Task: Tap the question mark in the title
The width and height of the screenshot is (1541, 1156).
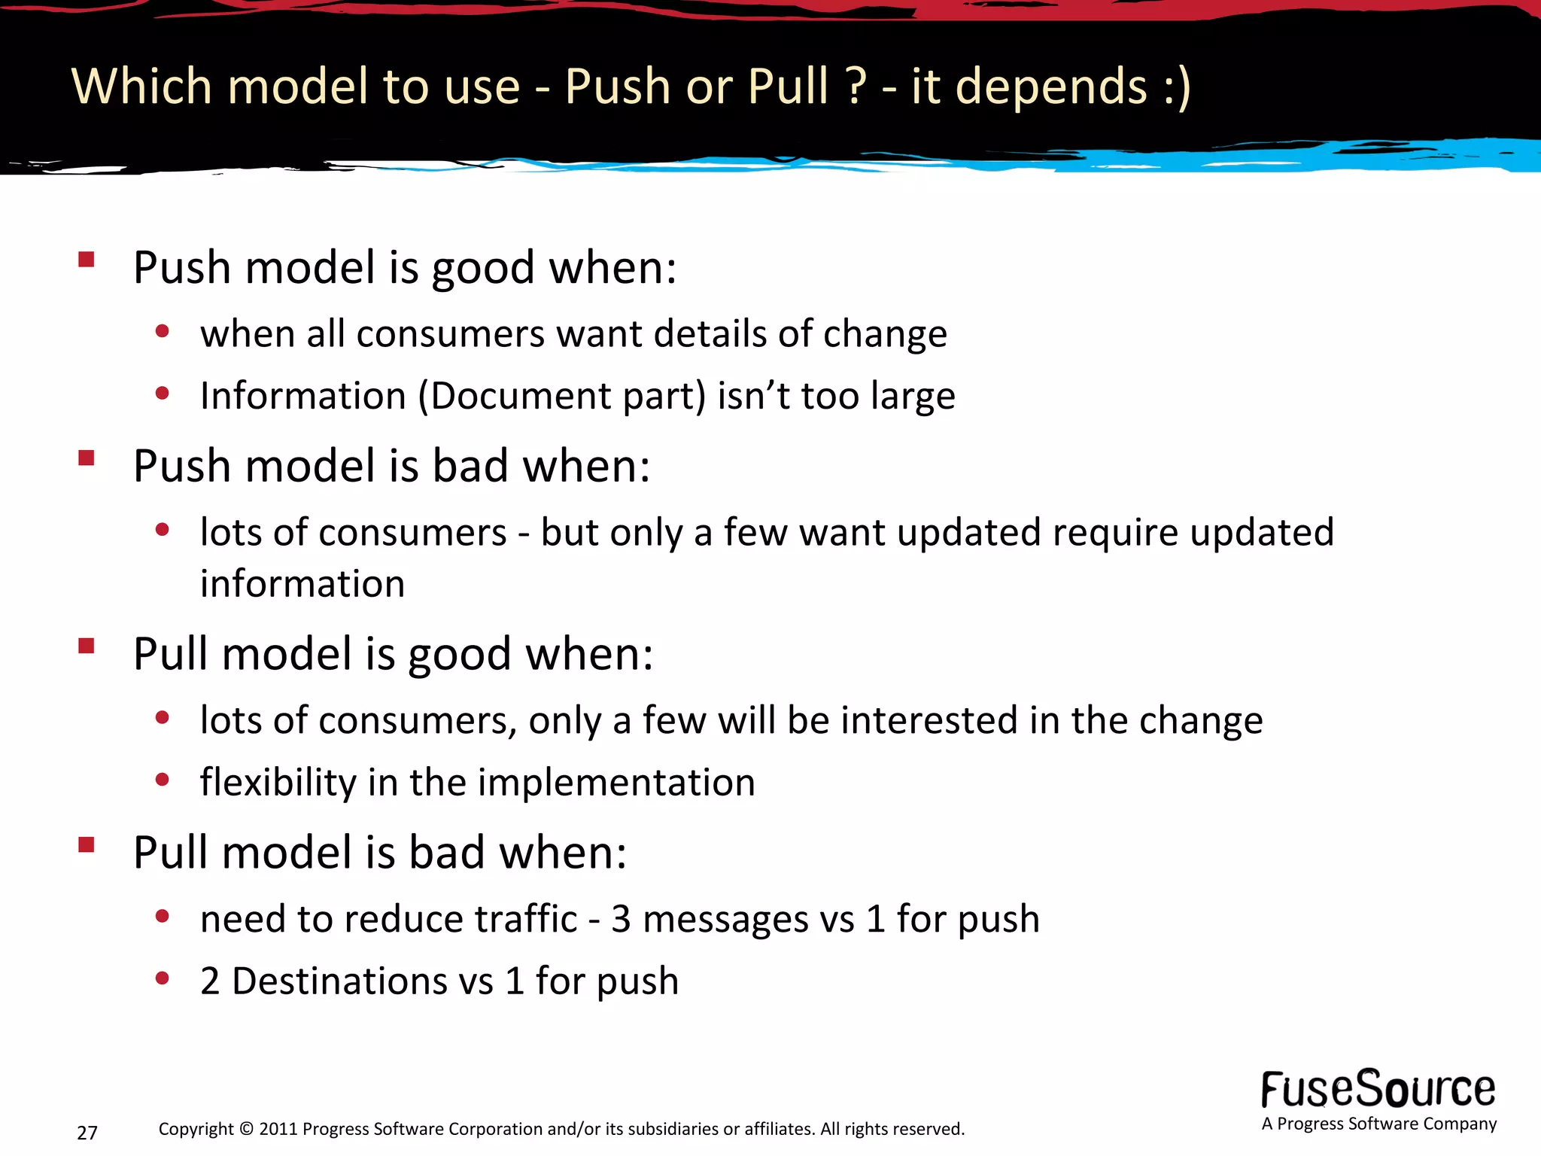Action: [856, 86]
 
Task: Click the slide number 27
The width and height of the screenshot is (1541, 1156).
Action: [87, 1132]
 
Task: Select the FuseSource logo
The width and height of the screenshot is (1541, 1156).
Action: [1378, 1090]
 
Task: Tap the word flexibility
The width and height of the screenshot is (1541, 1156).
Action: [278, 782]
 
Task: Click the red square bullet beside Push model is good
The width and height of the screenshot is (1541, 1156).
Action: [86, 260]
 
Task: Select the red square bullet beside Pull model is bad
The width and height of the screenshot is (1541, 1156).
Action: [86, 844]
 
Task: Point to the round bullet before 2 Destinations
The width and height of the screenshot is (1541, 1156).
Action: [162, 978]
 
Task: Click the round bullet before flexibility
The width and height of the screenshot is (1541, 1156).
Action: [162, 780]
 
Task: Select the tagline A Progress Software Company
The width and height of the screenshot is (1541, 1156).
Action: [1378, 1124]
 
